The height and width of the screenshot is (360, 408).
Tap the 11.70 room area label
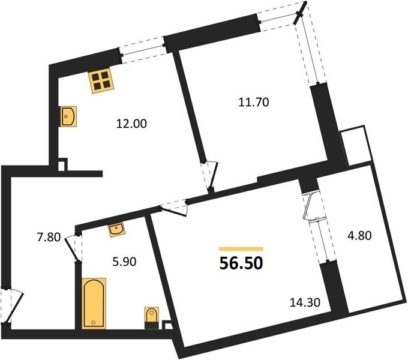coord(253,102)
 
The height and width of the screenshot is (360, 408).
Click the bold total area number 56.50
coord(241,263)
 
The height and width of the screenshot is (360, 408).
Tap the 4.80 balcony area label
coord(361,235)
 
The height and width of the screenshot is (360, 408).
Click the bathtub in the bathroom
coord(93,304)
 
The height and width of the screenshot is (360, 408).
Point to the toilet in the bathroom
coord(152,317)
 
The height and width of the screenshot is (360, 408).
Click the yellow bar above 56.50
coord(241,248)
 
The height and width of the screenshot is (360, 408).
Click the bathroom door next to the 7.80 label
coord(74,246)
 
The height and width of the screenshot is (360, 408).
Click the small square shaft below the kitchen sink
coord(62,163)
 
